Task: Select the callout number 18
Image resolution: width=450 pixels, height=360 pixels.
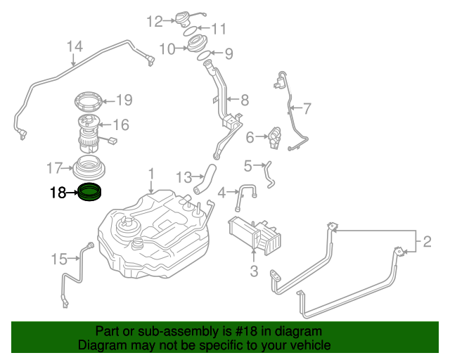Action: coord(58,191)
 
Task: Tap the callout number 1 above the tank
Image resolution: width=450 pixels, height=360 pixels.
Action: coord(150,173)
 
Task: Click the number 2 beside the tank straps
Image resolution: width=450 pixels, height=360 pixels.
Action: coord(427,243)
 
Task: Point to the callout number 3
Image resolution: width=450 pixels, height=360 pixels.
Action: coord(254,271)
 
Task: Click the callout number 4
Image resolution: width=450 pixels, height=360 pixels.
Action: coord(222,191)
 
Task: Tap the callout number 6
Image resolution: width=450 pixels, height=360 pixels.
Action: coord(250,139)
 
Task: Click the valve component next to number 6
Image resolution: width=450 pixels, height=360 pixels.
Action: coord(275,135)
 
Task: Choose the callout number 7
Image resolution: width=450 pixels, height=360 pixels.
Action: coord(307,108)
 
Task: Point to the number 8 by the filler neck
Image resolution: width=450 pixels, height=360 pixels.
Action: coord(244,99)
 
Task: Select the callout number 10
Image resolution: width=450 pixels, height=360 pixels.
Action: coord(167,49)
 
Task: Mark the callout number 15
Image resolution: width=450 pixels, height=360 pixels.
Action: coord(59,259)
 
